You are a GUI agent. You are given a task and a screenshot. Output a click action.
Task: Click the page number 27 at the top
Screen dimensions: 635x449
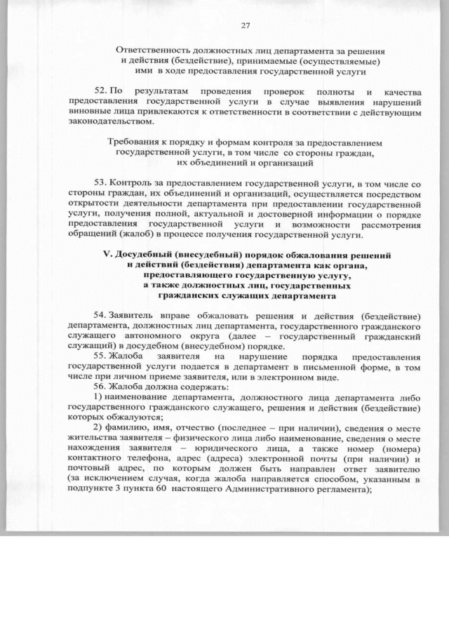pyautogui.click(x=246, y=26)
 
